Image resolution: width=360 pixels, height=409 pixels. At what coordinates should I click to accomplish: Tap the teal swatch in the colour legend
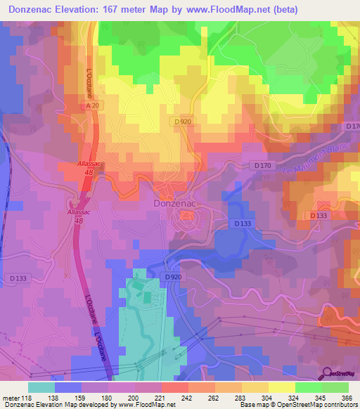(41, 387)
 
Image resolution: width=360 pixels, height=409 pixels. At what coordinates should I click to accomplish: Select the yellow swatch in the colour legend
(282, 387)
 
